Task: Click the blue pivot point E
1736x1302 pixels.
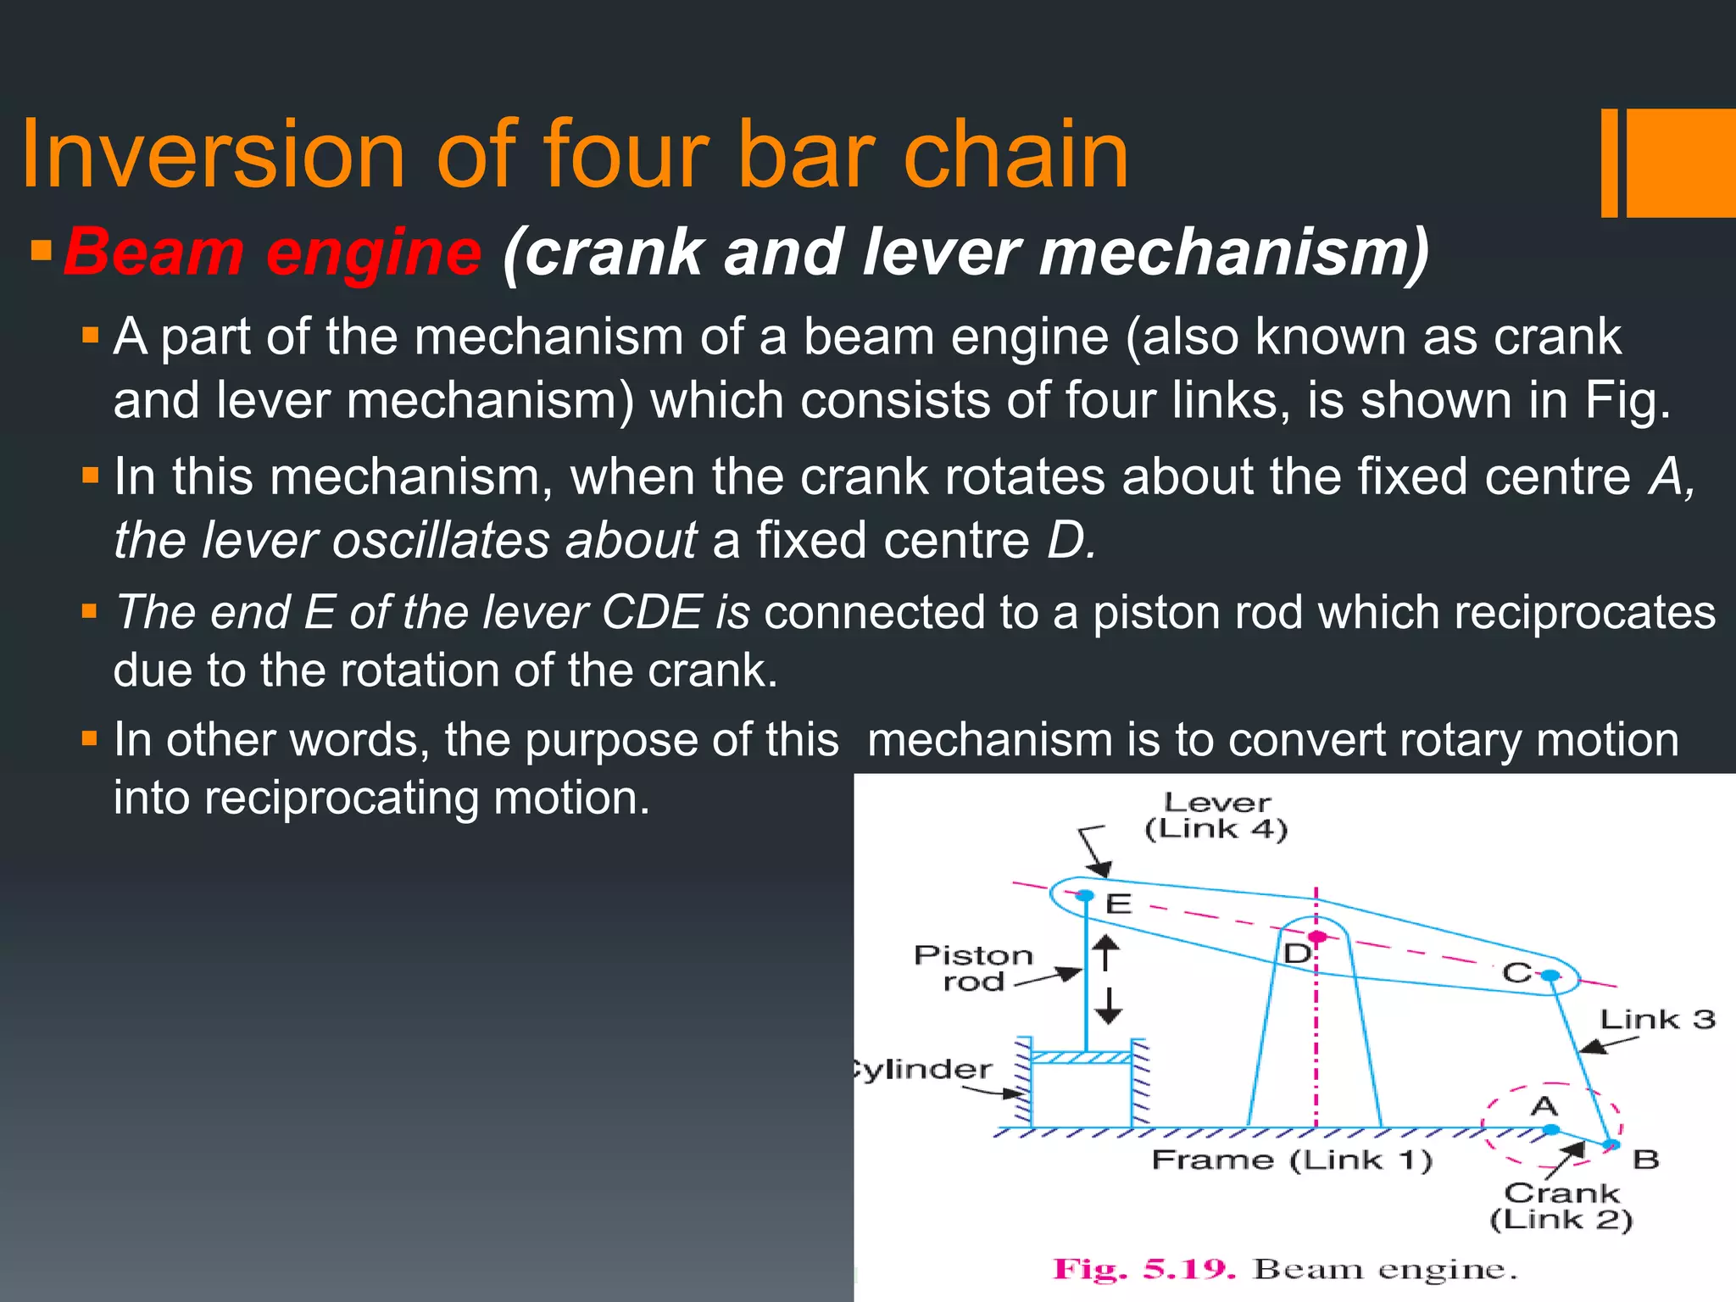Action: click(1085, 895)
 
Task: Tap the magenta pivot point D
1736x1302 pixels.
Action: click(1316, 937)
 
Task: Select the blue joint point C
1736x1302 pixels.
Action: click(1550, 976)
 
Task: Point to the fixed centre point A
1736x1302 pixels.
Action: click(1551, 1129)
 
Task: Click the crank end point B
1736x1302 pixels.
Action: click(1611, 1145)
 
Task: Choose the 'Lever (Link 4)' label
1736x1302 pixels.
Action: click(1216, 815)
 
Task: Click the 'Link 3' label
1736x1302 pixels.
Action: click(1656, 1019)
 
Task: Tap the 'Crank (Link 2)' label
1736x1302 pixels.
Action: click(1561, 1206)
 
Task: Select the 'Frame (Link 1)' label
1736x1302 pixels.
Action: click(1291, 1160)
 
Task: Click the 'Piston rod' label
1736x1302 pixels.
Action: click(973, 968)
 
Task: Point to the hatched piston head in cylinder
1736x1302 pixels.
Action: click(1082, 1057)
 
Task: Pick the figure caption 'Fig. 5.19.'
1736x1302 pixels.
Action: click(1143, 1270)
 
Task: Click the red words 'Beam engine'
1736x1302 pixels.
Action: click(272, 253)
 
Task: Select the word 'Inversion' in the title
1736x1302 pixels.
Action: click(213, 154)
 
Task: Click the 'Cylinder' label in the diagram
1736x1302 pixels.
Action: click(924, 1069)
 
